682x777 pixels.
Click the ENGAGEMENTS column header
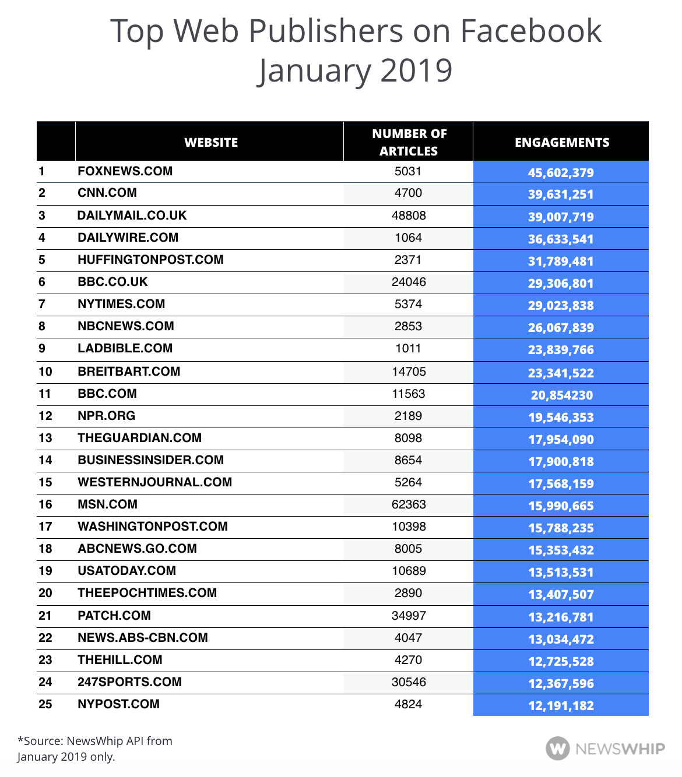(x=561, y=142)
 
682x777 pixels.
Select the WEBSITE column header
(x=211, y=142)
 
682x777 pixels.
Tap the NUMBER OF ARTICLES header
(x=409, y=142)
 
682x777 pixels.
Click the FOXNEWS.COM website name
(x=125, y=171)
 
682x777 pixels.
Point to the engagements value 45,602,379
(x=561, y=172)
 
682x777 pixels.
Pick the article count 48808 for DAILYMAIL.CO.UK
(x=409, y=216)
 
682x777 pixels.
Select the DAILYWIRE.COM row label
(x=128, y=238)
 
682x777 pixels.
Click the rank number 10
(x=45, y=372)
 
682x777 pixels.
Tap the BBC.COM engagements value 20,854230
(x=561, y=395)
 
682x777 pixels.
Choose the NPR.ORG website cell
(x=106, y=416)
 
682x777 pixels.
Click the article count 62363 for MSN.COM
(x=409, y=504)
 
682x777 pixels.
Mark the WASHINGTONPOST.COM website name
(x=152, y=527)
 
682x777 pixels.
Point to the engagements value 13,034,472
(x=561, y=639)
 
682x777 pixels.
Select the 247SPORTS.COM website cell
(x=129, y=682)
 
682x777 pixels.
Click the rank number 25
(x=45, y=704)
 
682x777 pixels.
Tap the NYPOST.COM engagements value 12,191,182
(x=561, y=705)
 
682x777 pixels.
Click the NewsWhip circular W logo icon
(x=558, y=748)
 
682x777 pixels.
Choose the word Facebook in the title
(x=530, y=30)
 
